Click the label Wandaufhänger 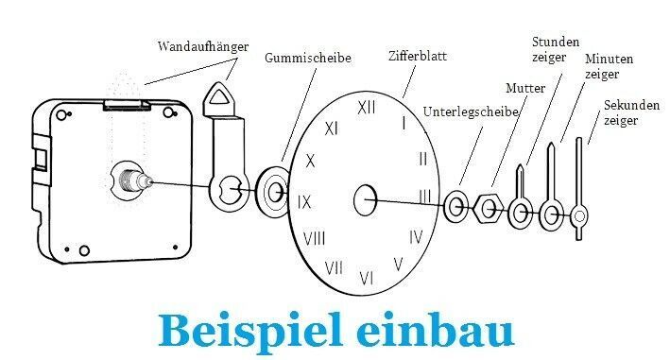pyautogui.click(x=203, y=46)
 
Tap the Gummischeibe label pyautogui.click(x=308, y=58)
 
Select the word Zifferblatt pyautogui.click(x=418, y=56)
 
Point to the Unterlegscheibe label pyautogui.click(x=471, y=111)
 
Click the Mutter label pyautogui.click(x=525, y=89)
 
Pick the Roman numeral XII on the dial pyautogui.click(x=367, y=108)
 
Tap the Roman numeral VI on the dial pyautogui.click(x=367, y=279)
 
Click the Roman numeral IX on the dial pyautogui.click(x=304, y=201)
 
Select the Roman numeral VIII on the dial pyautogui.click(x=314, y=238)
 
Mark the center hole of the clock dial pyautogui.click(x=366, y=200)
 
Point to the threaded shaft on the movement pyautogui.click(x=135, y=180)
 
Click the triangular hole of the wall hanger pyautogui.click(x=219, y=96)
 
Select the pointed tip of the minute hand pyautogui.click(x=551, y=144)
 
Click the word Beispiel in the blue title pyautogui.click(x=250, y=332)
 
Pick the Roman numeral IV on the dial pyautogui.click(x=416, y=236)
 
